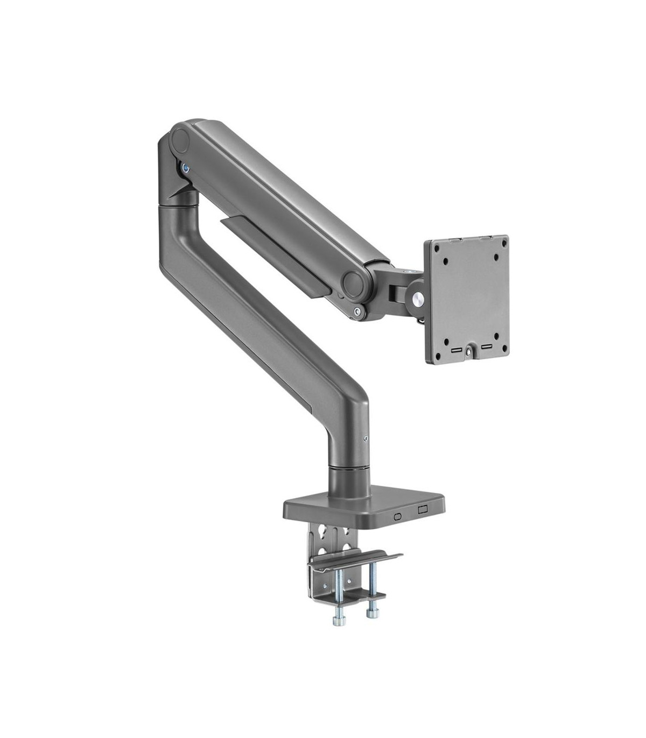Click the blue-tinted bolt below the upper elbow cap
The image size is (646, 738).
coord(186,167)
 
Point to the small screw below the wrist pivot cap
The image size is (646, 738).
coord(357,311)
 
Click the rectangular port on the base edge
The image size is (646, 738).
coord(423,509)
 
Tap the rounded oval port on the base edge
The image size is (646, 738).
coord(398,516)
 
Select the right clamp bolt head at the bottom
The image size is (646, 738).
coord(371,614)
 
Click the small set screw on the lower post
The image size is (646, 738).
coord(366,438)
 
